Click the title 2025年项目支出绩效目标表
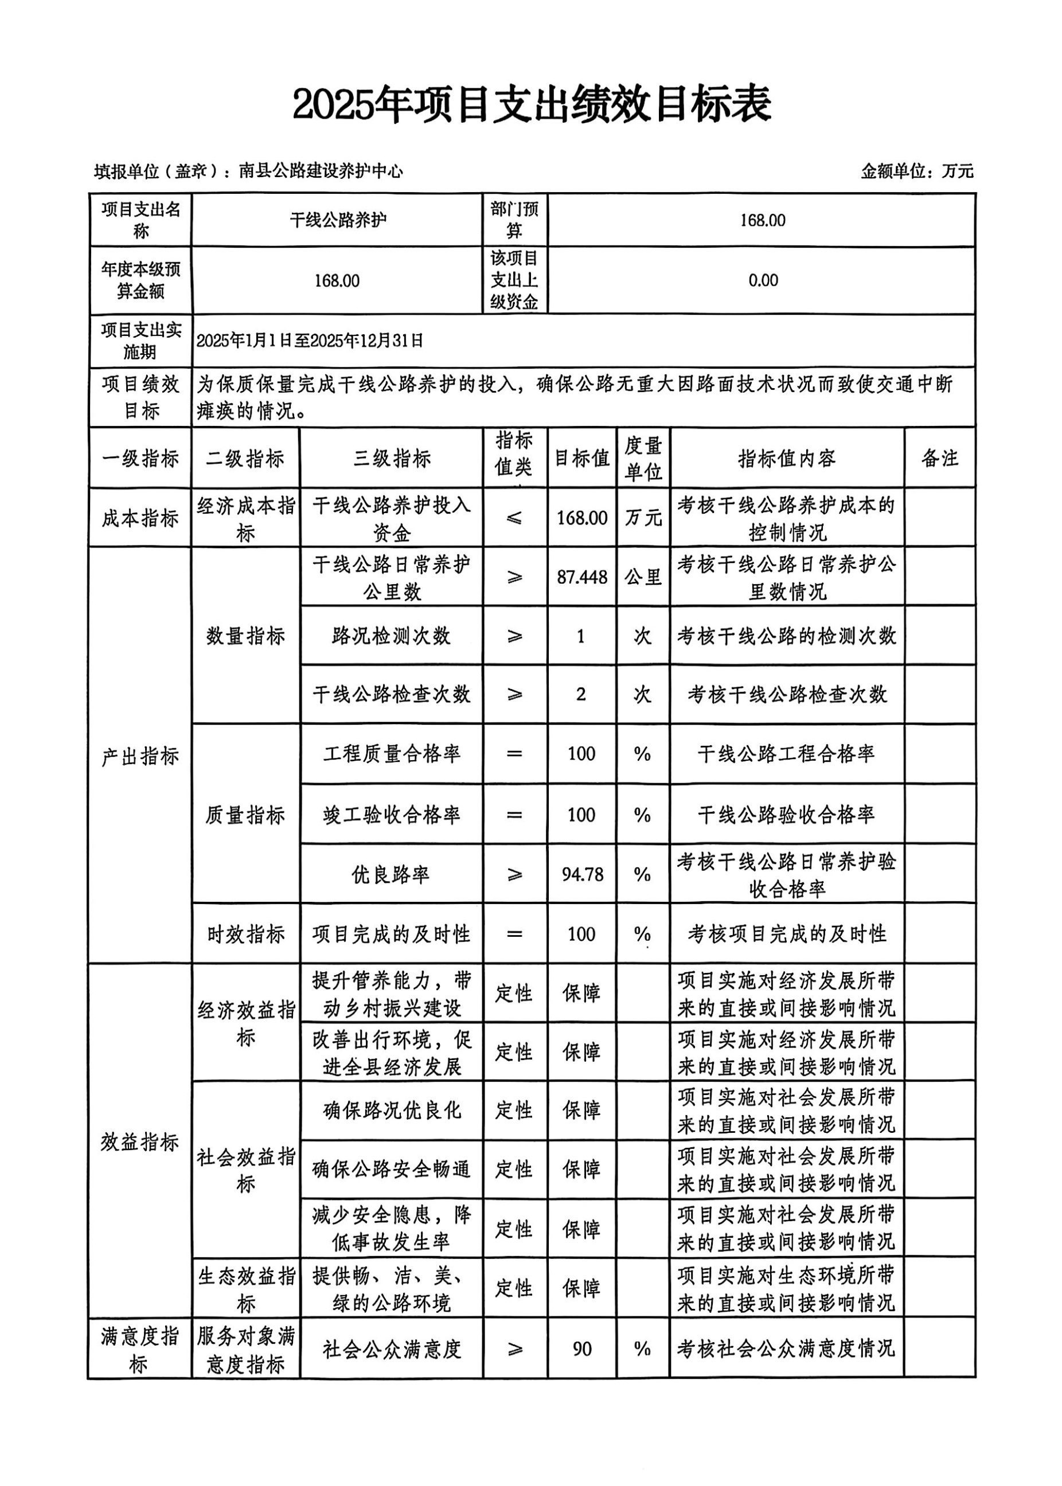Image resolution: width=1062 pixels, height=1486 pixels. point(531,104)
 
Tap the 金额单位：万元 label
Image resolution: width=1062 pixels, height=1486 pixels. point(917,171)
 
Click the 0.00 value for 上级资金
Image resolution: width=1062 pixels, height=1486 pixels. point(763,280)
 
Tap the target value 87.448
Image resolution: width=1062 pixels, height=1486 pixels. point(582,577)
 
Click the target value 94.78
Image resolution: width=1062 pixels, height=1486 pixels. point(582,874)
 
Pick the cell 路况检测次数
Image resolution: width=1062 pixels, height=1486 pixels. point(392,636)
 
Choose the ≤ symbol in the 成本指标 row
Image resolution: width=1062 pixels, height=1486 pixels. point(514,518)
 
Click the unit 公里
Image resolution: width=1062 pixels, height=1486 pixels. point(643,577)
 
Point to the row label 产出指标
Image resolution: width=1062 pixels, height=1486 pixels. point(140,756)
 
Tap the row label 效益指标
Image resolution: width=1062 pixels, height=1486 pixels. point(140,1141)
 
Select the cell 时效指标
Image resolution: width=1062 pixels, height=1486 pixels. point(246,934)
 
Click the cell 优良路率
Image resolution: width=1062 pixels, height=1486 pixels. point(392,874)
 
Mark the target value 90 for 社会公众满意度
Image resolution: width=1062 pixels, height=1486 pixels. point(582,1349)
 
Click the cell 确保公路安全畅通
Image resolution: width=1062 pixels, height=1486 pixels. point(392,1169)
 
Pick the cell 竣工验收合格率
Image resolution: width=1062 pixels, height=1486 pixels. point(392,815)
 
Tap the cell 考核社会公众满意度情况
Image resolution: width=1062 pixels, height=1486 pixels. point(786,1349)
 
